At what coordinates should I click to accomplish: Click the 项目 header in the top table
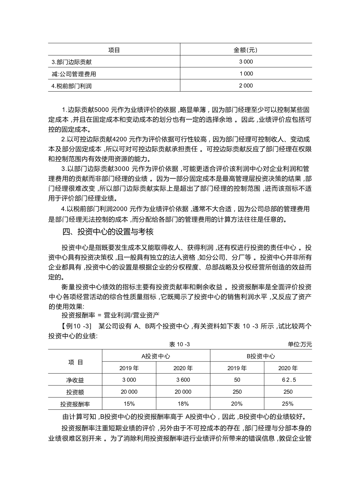(114, 50)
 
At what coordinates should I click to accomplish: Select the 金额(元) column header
(246, 50)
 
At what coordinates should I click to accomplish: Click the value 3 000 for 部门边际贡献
(246, 62)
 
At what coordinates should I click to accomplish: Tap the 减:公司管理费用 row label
(74, 74)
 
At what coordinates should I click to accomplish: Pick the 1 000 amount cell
(246, 74)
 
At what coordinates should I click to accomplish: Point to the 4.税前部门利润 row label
(71, 86)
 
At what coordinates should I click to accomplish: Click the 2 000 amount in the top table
(246, 86)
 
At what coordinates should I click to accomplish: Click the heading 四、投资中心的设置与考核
(108, 232)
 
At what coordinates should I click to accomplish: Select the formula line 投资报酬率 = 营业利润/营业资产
(110, 316)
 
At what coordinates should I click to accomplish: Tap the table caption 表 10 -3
(179, 344)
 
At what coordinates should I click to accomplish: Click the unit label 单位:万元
(300, 344)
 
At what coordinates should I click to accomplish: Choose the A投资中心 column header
(156, 356)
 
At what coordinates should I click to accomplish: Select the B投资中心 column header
(261, 356)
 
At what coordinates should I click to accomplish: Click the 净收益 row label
(75, 380)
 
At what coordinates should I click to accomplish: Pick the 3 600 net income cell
(183, 380)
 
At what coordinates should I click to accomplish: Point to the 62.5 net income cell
(288, 380)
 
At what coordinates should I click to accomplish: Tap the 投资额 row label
(75, 392)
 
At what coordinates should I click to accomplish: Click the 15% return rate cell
(129, 404)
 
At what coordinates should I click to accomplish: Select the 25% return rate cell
(288, 404)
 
